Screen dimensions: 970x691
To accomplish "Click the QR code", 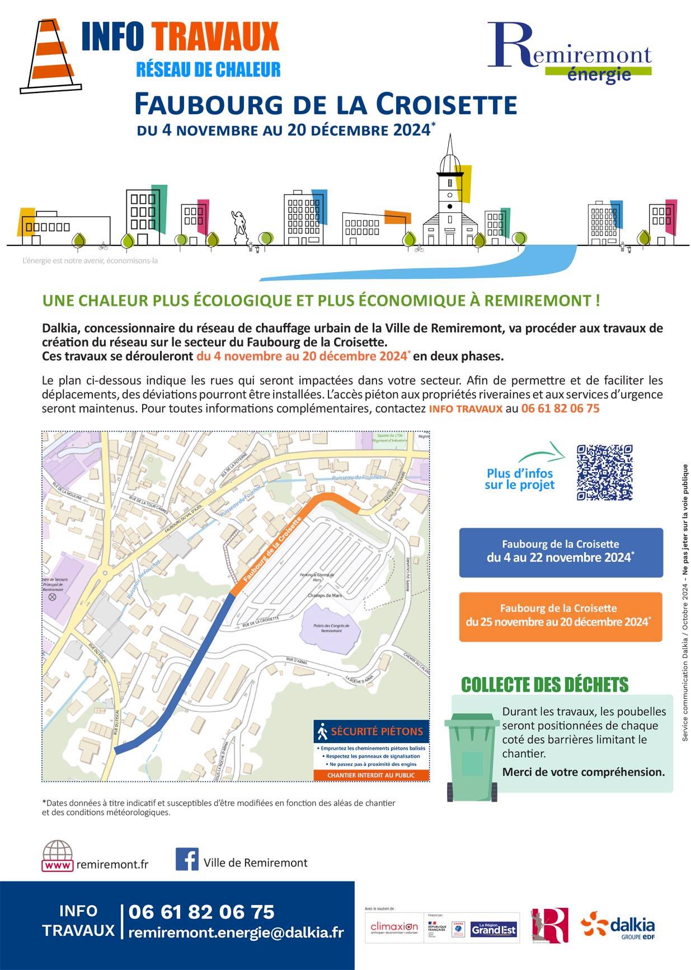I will coord(604,472).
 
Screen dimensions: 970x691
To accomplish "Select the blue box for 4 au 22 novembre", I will coord(561,552).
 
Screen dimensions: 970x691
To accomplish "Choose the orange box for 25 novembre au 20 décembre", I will coord(560,616).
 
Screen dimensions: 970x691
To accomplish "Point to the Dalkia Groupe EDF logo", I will coord(618,926).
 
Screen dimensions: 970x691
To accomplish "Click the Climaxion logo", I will coord(394,928).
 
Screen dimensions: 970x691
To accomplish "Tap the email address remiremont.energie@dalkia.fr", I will coord(236,932).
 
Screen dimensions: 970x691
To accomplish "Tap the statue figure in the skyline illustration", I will coord(239,227).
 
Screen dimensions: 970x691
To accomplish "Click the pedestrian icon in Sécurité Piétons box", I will coord(322,731).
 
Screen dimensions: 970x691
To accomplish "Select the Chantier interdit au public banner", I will coord(371,775).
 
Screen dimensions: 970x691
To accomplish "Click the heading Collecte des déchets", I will coord(544,684).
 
